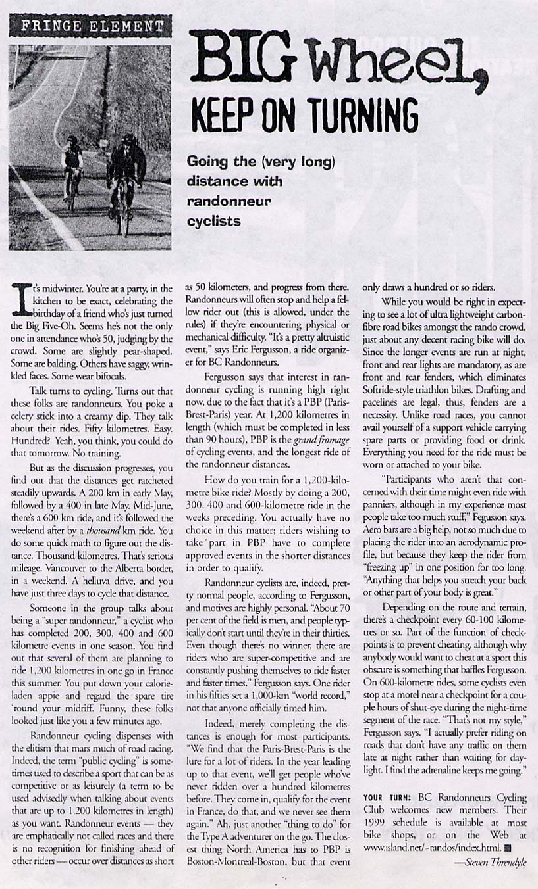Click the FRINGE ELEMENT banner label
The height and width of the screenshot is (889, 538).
(90, 27)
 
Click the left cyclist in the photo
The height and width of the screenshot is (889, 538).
(72, 171)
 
